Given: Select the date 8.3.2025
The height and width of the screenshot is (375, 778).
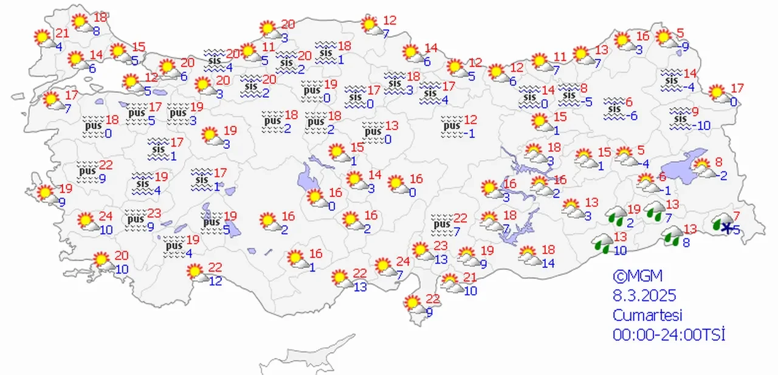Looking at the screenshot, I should click(x=644, y=296).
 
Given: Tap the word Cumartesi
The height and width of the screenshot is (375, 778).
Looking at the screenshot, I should click(x=647, y=315).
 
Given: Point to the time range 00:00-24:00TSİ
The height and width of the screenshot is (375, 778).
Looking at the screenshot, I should click(x=669, y=335).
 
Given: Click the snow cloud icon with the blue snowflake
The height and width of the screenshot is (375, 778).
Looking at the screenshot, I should click(x=724, y=223).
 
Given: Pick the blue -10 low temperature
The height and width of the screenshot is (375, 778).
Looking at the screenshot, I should click(x=702, y=126).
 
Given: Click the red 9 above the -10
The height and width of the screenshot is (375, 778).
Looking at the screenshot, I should click(x=695, y=112).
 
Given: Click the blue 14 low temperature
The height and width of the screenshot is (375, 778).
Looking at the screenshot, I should click(x=548, y=263).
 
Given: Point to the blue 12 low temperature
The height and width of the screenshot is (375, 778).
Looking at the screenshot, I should click(x=215, y=281).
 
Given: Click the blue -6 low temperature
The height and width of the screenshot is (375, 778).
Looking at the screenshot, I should click(x=633, y=116).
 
